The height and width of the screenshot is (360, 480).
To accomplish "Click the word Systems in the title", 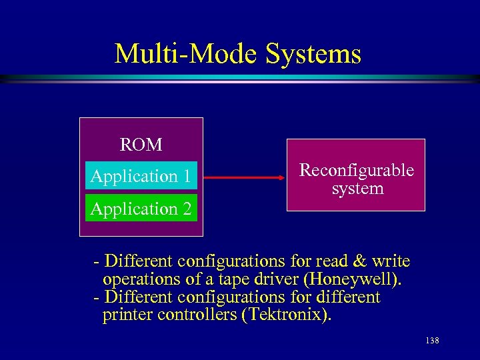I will [313, 54].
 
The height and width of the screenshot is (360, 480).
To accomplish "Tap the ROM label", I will [141, 145].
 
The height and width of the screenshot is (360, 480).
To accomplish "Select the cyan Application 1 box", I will [141, 176].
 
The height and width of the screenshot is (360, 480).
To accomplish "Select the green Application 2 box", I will [141, 209].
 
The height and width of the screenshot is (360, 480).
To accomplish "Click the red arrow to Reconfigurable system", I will [244, 178].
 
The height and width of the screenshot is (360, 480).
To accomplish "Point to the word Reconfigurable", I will [357, 170].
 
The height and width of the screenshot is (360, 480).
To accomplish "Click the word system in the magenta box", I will [358, 189].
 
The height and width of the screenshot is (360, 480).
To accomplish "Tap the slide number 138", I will [432, 341].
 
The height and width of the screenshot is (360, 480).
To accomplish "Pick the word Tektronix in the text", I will [288, 315].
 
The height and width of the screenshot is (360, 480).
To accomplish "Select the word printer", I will [127, 315].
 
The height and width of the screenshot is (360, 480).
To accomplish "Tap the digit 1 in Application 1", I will [187, 176].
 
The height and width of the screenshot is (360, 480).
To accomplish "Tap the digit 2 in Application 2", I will [187, 209].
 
